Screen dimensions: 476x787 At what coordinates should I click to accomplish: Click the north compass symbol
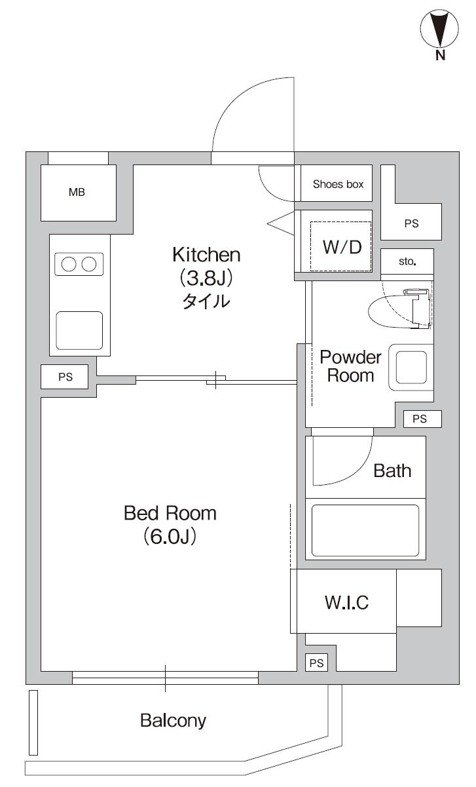point(439,29)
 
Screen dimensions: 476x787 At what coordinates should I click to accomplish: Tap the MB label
point(77,192)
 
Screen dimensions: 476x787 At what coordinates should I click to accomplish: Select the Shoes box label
point(338,184)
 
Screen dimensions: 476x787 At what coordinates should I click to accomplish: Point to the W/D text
point(342,247)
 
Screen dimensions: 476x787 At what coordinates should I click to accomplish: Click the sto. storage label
point(407,261)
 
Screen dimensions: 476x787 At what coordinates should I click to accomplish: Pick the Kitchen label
point(206,255)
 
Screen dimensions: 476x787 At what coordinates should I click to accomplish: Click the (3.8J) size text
point(206,278)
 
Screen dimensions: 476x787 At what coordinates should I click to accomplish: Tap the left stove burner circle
point(69,264)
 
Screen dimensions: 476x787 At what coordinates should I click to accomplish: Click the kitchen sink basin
point(79,331)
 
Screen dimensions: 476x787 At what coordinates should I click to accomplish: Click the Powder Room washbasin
point(411,368)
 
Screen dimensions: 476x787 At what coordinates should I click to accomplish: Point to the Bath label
point(392,470)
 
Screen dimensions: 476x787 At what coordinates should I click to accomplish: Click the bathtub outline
point(365,531)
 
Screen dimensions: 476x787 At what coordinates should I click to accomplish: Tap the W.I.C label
point(347,602)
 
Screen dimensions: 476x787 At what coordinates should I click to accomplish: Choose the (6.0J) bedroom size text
point(170,537)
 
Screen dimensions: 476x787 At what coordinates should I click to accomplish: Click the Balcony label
point(173,721)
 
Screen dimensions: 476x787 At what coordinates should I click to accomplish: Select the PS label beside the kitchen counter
point(65,377)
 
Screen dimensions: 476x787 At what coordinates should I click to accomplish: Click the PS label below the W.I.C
point(316,663)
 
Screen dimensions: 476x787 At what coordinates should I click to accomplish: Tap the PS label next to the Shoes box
point(411,223)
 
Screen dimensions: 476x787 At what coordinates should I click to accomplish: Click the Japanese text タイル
point(206,301)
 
